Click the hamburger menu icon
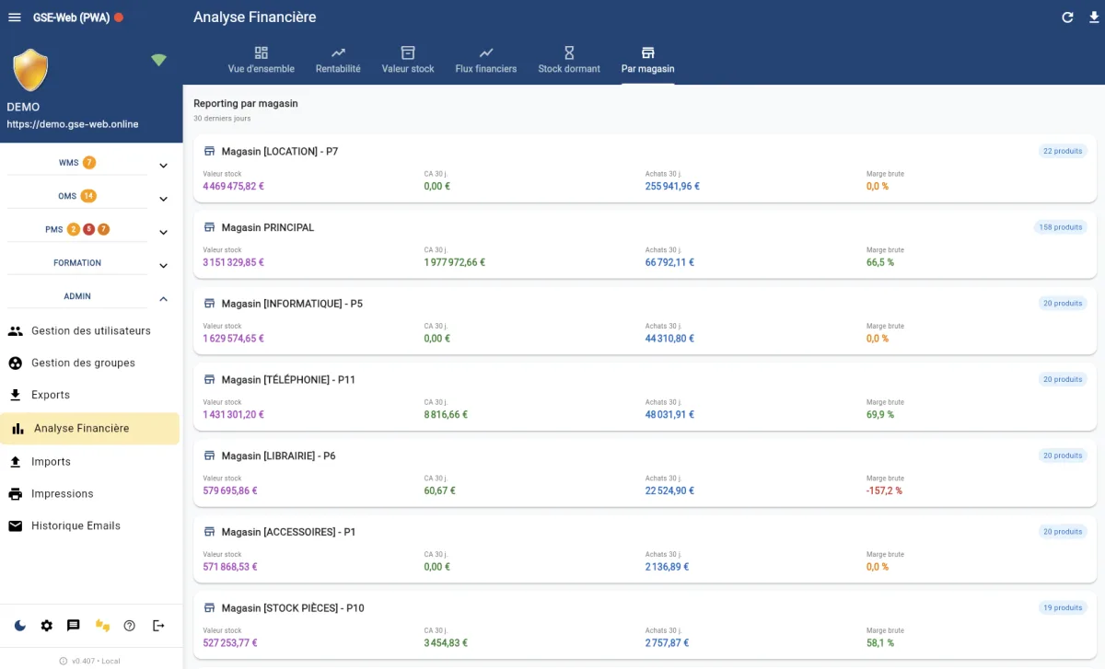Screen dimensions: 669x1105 click(15, 17)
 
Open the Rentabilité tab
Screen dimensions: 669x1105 click(338, 60)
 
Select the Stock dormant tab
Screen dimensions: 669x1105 click(569, 60)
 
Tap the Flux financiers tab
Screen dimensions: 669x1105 click(485, 60)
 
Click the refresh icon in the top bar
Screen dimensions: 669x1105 click(1068, 17)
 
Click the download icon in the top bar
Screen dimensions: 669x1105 click(1094, 17)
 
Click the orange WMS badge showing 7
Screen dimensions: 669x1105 click(89, 163)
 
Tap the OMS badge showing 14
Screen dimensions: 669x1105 click(88, 196)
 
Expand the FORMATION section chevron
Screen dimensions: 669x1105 click(163, 266)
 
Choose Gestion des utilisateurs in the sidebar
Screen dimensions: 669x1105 click(90, 331)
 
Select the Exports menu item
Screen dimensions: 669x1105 click(51, 396)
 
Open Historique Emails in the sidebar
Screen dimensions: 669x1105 click(76, 526)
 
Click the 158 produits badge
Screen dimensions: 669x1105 click(1060, 227)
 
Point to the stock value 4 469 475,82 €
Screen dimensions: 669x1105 click(234, 186)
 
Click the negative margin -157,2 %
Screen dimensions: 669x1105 click(884, 490)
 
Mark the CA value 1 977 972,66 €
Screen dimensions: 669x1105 click(454, 262)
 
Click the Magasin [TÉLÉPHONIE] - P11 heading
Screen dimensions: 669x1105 click(288, 380)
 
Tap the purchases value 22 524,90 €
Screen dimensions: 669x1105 click(669, 490)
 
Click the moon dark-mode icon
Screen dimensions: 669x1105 click(20, 626)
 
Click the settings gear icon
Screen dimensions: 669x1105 click(47, 626)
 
